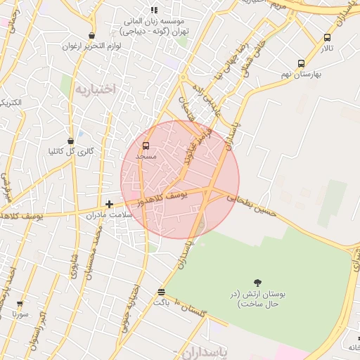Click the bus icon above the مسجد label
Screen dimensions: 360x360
click(x=146, y=145)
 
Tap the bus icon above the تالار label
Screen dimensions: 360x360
click(x=327, y=38)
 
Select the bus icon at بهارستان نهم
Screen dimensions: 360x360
click(x=302, y=63)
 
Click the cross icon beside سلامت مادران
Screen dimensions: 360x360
click(x=109, y=204)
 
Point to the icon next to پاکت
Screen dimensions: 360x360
click(x=162, y=291)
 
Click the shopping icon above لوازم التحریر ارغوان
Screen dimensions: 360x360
click(x=91, y=35)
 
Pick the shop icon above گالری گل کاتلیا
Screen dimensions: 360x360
click(x=70, y=141)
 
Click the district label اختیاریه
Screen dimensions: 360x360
click(x=95, y=89)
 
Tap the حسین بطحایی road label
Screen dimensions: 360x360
click(x=255, y=207)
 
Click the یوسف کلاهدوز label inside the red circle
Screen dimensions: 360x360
click(x=162, y=200)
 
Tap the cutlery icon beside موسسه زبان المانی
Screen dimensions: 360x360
click(x=155, y=10)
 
